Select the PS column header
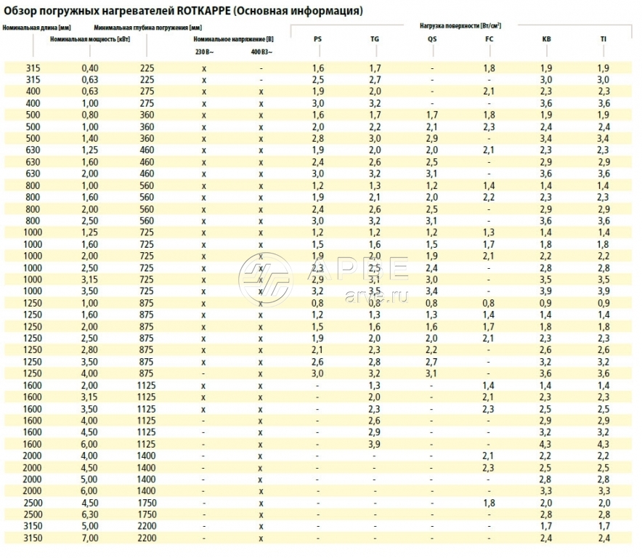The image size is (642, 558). click(x=318, y=39)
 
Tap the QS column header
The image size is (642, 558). click(x=432, y=39)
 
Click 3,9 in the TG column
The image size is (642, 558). click(x=375, y=444)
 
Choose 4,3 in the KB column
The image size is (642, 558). click(x=547, y=444)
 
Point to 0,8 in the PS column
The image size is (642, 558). click(x=318, y=303)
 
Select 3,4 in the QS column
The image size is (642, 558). click(x=432, y=291)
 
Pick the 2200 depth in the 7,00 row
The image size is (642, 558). click(x=147, y=538)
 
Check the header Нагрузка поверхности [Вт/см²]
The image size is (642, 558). click(x=460, y=25)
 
